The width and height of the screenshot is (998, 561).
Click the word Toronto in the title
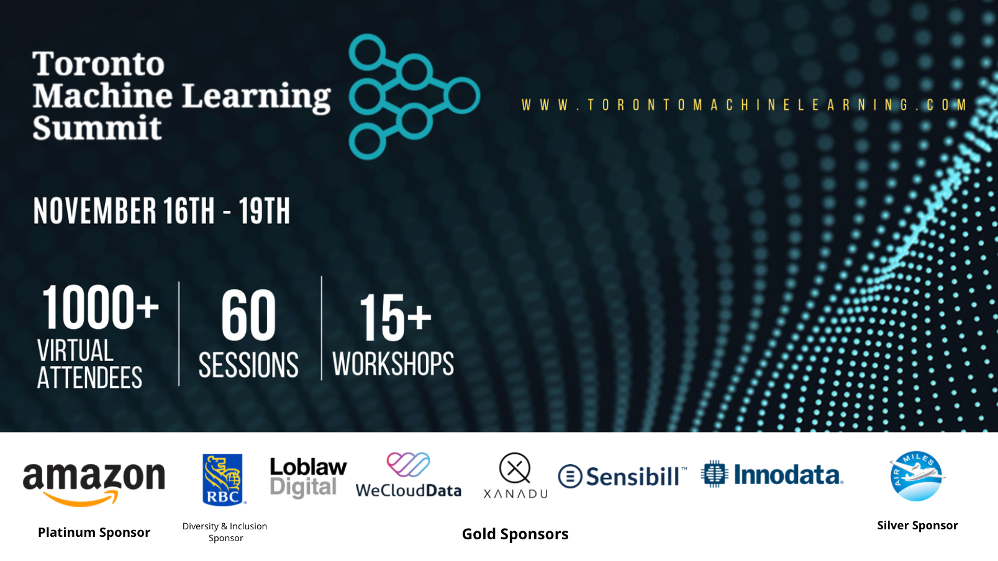[99, 64]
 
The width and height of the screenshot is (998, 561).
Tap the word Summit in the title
[97, 128]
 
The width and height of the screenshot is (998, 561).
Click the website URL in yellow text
[744, 105]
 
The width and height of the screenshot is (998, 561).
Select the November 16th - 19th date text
[161, 210]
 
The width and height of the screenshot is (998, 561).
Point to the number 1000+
[100, 308]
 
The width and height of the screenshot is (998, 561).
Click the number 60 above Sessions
[248, 315]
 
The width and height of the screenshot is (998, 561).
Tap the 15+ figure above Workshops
[395, 318]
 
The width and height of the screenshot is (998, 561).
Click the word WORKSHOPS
[393, 364]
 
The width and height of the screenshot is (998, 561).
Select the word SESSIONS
[248, 365]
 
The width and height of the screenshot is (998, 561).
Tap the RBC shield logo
[223, 480]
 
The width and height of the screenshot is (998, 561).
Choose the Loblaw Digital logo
[308, 478]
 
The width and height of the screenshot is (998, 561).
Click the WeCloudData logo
[409, 475]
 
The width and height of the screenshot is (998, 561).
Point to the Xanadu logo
[515, 475]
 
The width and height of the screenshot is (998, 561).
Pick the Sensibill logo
[622, 477]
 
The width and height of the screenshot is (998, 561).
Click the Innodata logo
[772, 474]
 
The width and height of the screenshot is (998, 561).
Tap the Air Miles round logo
[917, 476]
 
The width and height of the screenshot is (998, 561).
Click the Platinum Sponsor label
[94, 532]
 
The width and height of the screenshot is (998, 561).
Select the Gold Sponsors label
[515, 534]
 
